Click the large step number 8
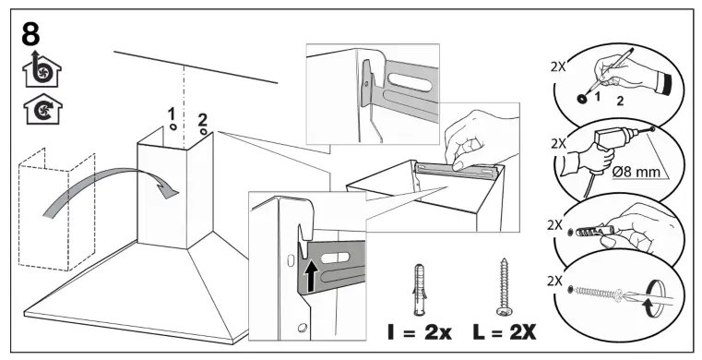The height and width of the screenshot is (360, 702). tap(30, 34)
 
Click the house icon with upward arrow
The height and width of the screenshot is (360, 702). tap(42, 70)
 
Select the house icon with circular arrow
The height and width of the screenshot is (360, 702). tap(42, 108)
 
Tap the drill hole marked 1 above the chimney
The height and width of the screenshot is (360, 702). tap(173, 127)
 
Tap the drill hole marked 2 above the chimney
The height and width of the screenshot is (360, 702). tap(204, 132)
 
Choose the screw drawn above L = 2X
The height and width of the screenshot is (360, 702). tap(503, 286)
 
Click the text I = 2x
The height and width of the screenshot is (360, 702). tap(420, 332)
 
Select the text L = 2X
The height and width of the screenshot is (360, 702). tap(504, 332)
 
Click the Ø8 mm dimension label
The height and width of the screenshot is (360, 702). tap(636, 172)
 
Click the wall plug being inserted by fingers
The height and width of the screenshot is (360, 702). tap(589, 232)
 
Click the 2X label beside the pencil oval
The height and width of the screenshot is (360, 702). tap(558, 66)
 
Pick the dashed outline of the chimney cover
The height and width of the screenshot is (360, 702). tap(57, 210)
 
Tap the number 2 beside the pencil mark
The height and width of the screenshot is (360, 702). tap(620, 102)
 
